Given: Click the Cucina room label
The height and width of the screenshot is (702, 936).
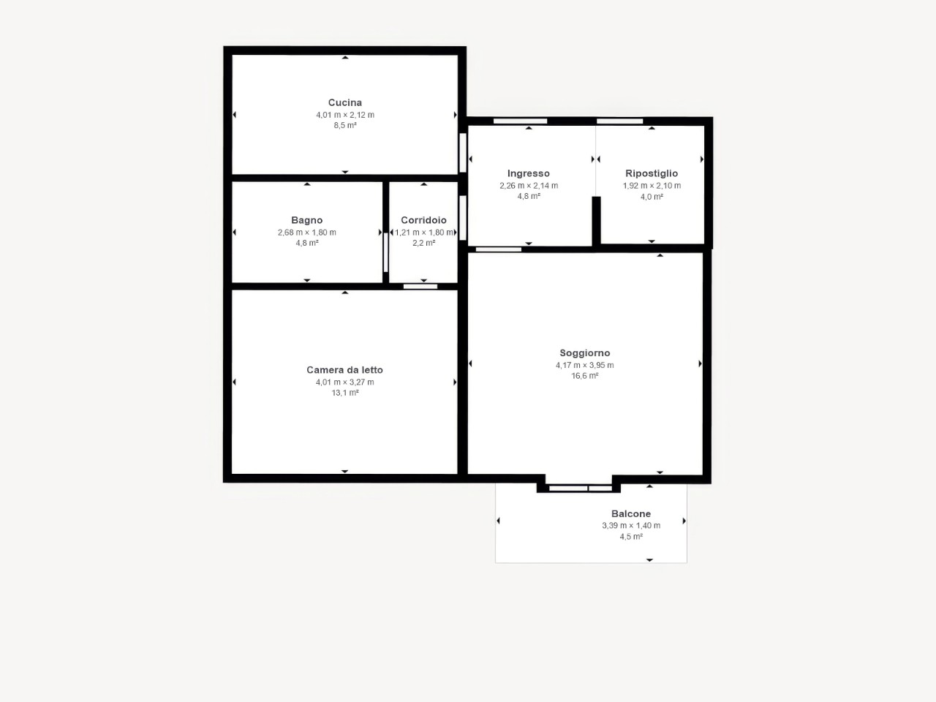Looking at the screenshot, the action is (345, 102).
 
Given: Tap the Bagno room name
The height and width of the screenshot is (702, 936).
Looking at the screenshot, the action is (307, 220).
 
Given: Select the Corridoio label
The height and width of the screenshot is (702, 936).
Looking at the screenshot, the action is (424, 220).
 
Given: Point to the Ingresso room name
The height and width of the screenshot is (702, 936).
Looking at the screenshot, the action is (529, 173).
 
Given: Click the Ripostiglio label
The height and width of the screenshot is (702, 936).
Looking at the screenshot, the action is (652, 173).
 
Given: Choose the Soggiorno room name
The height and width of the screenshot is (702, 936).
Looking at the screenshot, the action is (584, 353).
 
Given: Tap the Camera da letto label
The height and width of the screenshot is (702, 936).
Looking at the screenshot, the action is (344, 370).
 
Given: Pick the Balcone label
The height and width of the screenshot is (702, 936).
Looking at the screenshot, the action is (631, 513).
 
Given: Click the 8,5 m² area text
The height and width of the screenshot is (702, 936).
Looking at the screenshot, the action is (345, 125).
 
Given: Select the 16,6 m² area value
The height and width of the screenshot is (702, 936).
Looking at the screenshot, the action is (584, 376).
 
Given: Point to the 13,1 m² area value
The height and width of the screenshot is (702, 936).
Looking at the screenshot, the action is (345, 393).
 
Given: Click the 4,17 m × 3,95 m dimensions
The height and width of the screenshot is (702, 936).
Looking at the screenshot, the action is (584, 366).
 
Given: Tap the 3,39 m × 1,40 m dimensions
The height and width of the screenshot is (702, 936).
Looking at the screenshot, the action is (631, 526).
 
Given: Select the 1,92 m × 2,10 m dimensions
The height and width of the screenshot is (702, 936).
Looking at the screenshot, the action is (652, 186).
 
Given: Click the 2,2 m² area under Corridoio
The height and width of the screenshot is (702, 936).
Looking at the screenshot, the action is (424, 243).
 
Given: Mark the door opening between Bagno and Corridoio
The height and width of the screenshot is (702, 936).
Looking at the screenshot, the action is (385, 252).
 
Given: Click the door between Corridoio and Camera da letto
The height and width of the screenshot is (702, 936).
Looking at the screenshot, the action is (420, 287).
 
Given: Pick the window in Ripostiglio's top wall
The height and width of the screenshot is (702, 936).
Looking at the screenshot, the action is (619, 121).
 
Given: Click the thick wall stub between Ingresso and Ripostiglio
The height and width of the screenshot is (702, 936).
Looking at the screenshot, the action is (596, 222).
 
